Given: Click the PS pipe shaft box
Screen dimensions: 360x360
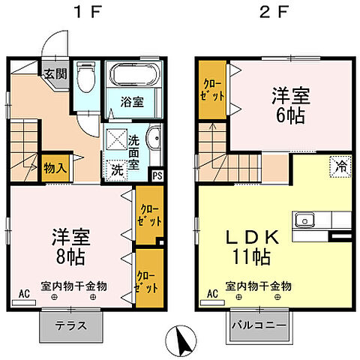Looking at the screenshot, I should (157, 176).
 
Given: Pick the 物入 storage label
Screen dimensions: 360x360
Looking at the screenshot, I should (55, 167).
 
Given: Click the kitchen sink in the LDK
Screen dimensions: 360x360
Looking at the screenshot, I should (304, 220).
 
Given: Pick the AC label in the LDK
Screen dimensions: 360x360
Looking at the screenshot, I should (211, 295).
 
